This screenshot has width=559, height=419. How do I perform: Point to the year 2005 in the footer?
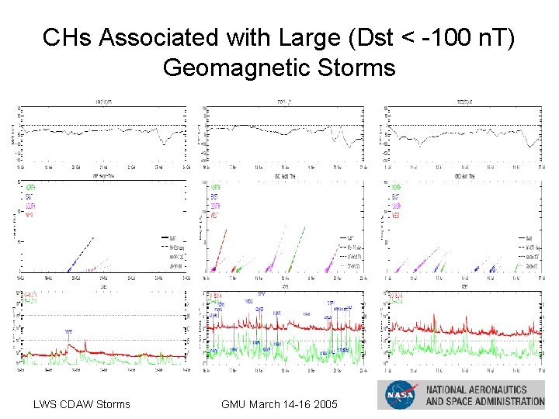(325, 403)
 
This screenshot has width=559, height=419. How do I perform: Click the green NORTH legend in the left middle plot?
(31, 187)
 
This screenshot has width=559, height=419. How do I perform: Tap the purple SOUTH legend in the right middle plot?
(397, 206)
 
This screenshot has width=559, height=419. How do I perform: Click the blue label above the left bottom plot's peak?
(68, 331)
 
